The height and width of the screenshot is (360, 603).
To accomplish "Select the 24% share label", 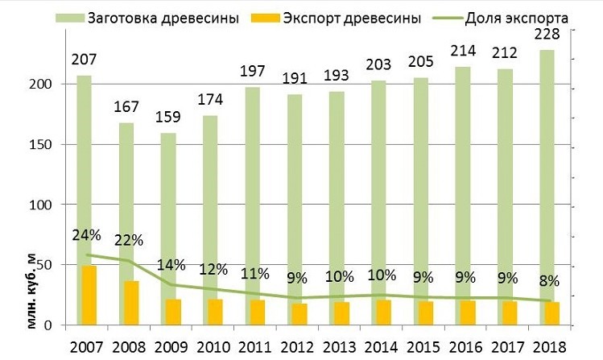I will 85,236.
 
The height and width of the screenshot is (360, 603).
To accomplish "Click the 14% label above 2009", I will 171,265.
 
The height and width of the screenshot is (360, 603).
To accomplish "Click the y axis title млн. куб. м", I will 32,289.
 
